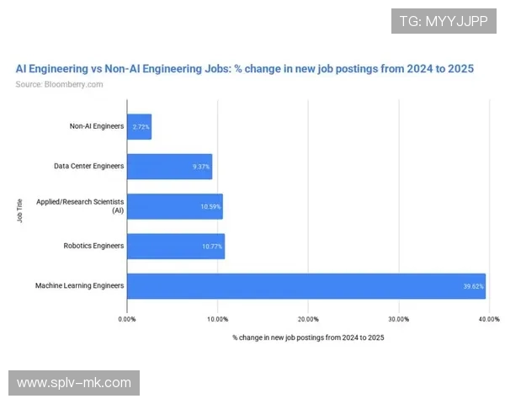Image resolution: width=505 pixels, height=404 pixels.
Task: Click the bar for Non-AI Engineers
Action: [x=139, y=126]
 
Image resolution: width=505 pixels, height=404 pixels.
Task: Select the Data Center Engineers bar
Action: [x=169, y=166]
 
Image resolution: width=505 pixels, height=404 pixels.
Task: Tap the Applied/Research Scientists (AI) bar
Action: [x=174, y=206]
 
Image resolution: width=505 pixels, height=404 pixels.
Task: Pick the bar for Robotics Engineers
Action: [x=175, y=246]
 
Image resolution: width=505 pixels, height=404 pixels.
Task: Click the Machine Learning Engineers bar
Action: [x=306, y=286]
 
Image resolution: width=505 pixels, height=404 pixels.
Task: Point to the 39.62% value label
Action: [x=472, y=286]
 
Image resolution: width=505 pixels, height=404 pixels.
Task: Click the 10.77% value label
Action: [x=211, y=246]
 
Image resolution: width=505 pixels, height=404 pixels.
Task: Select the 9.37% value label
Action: [x=200, y=167]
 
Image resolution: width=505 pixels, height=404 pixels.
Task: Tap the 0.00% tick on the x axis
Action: [x=127, y=320]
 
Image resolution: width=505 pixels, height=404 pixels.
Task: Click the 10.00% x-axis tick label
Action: [x=217, y=320]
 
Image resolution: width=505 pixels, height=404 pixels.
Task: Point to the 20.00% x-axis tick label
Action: [x=308, y=320]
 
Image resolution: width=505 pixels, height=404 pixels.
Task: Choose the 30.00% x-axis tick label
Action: [x=398, y=320]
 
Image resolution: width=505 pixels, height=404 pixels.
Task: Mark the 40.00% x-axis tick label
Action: [x=488, y=320]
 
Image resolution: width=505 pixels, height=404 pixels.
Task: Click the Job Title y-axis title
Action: [x=20, y=206]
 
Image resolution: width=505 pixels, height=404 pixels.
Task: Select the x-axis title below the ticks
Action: [x=307, y=338]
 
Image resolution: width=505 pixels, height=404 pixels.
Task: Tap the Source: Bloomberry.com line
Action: [x=59, y=84]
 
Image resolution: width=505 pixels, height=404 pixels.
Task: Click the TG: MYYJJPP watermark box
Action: [x=444, y=20]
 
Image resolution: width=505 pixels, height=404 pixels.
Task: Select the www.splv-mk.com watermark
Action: [x=74, y=383]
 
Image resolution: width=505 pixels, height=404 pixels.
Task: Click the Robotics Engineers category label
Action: [x=93, y=246]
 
